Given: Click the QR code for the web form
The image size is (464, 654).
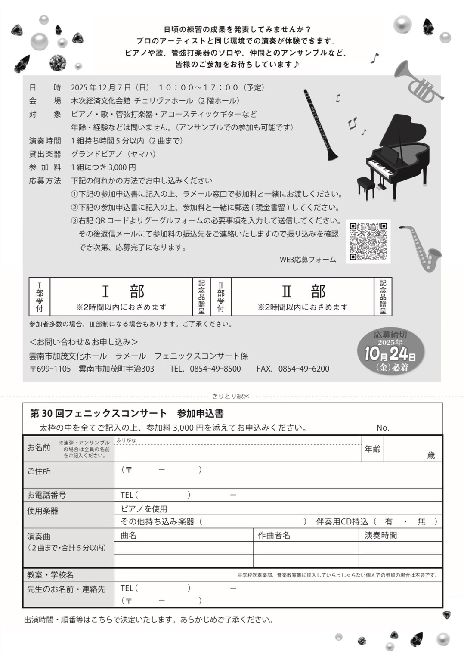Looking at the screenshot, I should click(x=368, y=242).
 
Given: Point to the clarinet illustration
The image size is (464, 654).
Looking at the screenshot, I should click(x=320, y=125).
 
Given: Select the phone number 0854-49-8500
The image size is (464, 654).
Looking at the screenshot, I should click(x=215, y=369).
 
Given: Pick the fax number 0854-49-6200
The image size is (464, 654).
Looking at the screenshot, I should click(x=303, y=369).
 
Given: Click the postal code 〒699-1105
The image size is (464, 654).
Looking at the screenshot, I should click(x=50, y=369).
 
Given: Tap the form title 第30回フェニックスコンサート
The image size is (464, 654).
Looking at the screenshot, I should click(x=98, y=413).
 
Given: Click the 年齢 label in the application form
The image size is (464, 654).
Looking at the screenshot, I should click(x=372, y=449).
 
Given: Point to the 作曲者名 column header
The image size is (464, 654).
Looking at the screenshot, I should click(x=274, y=535).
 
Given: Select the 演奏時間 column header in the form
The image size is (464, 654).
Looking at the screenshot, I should click(x=380, y=535).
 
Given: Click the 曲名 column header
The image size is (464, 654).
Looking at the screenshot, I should click(x=129, y=535).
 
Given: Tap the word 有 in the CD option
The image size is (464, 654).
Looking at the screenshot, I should click(x=389, y=521).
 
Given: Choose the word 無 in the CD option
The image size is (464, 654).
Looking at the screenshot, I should click(x=421, y=521).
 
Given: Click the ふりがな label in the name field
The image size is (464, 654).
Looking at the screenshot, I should click(x=126, y=440).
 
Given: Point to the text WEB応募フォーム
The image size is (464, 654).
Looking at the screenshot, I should click(x=308, y=260).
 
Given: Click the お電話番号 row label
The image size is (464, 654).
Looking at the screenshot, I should click(x=46, y=495).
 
